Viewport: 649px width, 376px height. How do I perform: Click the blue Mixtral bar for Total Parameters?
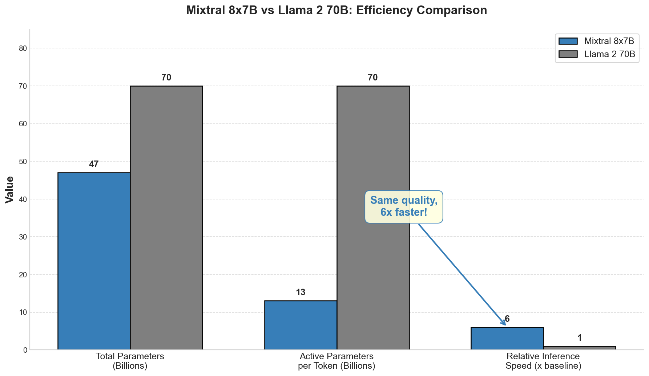pos(94,261)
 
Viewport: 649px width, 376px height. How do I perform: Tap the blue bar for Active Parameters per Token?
pos(301,325)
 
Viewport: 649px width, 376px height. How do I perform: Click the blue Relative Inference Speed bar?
pos(507,339)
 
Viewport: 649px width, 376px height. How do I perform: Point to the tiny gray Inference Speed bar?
pos(579,348)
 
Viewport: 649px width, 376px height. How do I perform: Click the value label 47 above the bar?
pos(94,164)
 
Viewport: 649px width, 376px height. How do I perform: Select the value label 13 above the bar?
pos(301,292)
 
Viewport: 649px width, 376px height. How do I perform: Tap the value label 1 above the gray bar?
pos(580,338)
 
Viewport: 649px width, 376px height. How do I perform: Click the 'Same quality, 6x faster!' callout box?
pos(404,206)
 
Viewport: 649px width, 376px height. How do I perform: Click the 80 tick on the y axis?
pos(23,48)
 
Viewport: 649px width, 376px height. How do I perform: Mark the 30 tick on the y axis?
pos(23,237)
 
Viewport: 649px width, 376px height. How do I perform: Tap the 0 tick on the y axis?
pos(25,350)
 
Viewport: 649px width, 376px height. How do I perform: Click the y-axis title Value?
pos(10,189)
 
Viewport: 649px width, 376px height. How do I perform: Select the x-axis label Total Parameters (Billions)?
pos(130,361)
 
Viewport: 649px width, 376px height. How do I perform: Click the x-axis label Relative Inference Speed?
pos(543,361)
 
